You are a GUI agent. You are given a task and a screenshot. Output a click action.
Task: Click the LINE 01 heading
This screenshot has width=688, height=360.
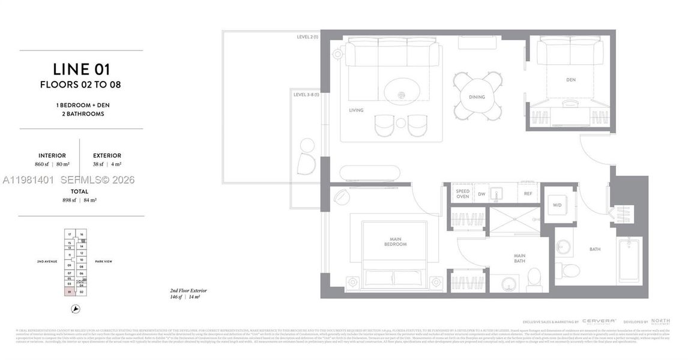point(81,69)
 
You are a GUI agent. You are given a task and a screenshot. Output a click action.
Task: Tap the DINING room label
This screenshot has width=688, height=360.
point(477,97)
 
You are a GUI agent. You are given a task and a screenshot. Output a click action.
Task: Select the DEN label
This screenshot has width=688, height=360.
point(570,80)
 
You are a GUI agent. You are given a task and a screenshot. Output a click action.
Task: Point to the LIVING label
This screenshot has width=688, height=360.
point(357,110)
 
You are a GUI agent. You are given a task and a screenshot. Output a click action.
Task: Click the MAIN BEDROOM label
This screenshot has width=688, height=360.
point(396,241)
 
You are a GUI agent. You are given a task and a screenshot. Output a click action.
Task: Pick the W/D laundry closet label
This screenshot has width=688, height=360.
point(557,205)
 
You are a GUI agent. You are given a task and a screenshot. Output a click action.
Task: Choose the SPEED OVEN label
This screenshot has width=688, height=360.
point(462,194)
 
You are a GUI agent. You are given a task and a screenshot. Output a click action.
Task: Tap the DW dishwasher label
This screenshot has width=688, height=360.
point(481,194)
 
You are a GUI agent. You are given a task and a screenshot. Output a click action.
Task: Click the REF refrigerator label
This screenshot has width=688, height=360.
point(528,194)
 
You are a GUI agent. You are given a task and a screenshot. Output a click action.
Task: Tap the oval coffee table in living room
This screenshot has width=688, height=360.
point(402,91)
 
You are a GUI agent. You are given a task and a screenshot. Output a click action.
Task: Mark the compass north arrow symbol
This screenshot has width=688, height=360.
point(76,309)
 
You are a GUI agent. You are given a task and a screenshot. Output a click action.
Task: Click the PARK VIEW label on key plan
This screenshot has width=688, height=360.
point(103,262)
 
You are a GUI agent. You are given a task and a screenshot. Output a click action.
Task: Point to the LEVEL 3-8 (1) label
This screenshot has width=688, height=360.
point(306,95)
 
